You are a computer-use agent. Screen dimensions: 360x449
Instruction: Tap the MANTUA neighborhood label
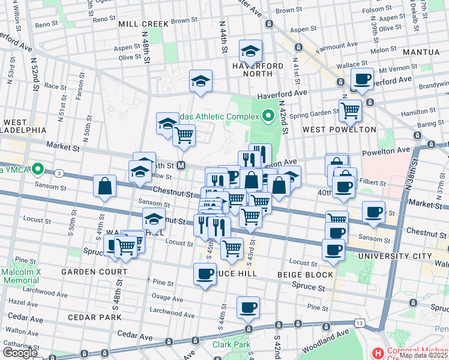421,52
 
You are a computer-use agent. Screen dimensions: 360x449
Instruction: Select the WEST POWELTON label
339,129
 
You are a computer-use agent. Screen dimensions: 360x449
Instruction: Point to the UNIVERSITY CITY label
394,256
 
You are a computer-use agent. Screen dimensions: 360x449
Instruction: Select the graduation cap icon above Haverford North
250,50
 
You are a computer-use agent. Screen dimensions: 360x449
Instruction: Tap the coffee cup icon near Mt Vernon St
362,79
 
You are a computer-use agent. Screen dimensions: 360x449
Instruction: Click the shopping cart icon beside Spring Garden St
350,110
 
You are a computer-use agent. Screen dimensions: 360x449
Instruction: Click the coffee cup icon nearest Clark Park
248,308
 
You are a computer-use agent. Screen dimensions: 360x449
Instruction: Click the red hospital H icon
378,352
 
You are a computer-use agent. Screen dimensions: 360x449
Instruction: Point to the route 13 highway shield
360,323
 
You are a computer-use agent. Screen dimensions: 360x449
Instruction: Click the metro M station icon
180,165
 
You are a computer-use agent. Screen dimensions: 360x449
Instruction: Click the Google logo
20,352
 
